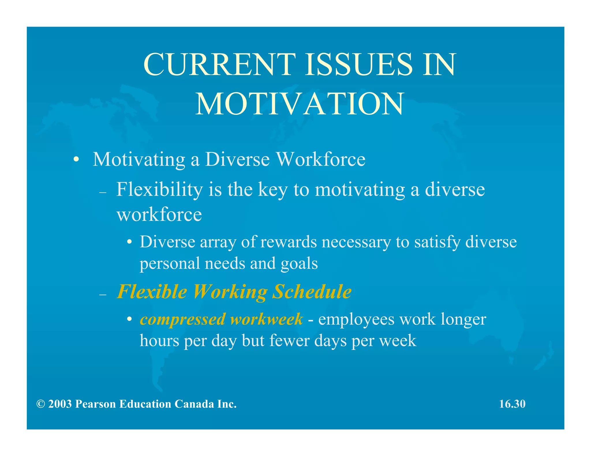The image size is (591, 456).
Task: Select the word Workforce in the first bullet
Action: (x=321, y=159)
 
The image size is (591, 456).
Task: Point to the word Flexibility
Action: (x=160, y=190)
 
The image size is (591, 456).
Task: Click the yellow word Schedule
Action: (x=312, y=291)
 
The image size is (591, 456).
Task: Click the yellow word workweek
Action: (x=267, y=319)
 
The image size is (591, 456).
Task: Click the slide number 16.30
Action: (x=512, y=404)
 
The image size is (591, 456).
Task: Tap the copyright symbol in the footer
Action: (x=41, y=404)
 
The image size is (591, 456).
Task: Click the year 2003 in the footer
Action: (x=60, y=404)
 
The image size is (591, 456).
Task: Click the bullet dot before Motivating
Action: (x=76, y=160)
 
